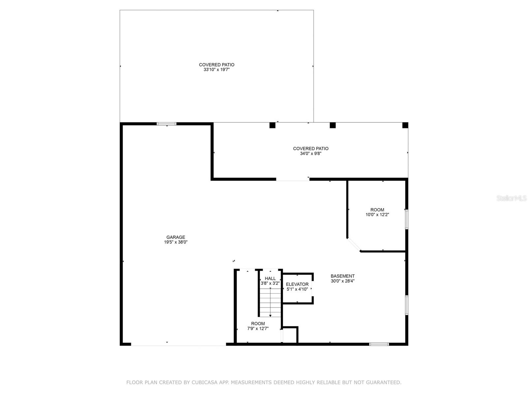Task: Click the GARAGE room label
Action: click(x=176, y=237)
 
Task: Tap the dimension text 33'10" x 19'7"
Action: click(x=216, y=70)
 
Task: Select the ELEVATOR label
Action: click(x=297, y=284)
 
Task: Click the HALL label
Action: click(x=270, y=279)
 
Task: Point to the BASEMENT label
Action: click(x=343, y=276)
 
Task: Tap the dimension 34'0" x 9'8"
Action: click(x=311, y=153)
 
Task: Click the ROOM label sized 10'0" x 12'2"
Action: click(x=377, y=210)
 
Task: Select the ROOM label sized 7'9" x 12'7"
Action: click(x=258, y=323)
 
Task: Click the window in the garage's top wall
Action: click(x=167, y=124)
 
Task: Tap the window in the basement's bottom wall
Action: click(x=379, y=344)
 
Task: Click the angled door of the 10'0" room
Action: click(x=354, y=245)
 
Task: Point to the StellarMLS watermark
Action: click(x=511, y=198)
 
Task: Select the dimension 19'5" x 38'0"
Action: click(x=176, y=242)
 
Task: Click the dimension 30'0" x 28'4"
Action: click(x=343, y=281)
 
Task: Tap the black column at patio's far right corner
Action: click(x=405, y=125)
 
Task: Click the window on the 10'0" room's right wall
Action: click(x=407, y=219)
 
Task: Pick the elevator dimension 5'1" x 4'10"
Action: click(x=297, y=289)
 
